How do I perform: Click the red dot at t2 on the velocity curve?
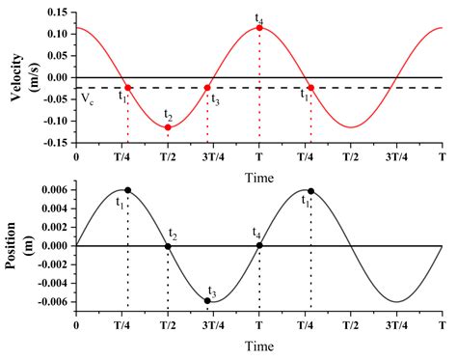[x=168, y=127]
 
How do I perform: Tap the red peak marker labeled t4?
[x=259, y=28]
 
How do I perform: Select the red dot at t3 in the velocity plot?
[x=207, y=88]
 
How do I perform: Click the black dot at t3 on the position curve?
[x=207, y=301]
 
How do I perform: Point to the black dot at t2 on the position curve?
[x=168, y=246]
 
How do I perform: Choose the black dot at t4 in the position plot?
[x=259, y=246]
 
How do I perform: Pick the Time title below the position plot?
[x=258, y=345]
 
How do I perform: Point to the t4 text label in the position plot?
[x=256, y=233]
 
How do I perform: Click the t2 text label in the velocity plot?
[x=168, y=115]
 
